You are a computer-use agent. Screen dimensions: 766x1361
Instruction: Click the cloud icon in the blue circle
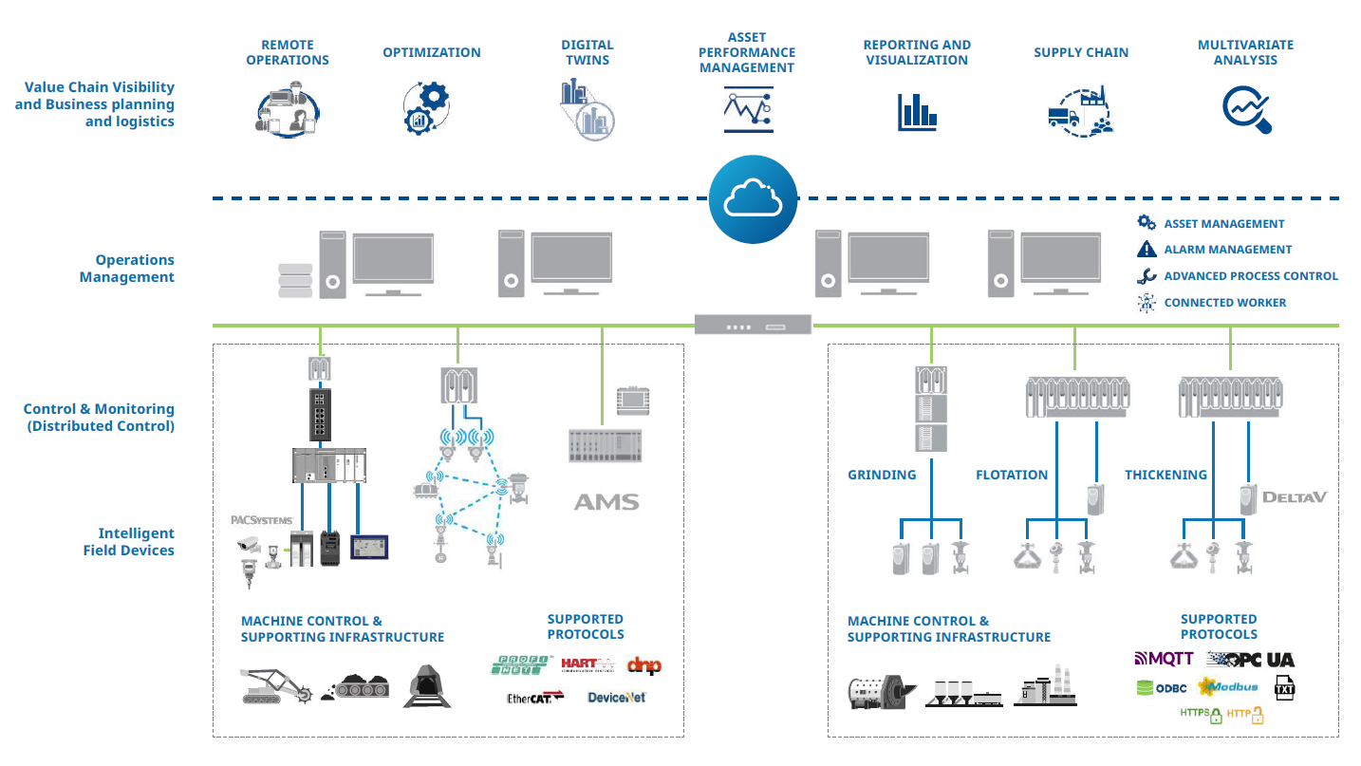(753, 198)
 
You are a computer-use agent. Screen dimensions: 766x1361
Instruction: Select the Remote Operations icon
(288, 112)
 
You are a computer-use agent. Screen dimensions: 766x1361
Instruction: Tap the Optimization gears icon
(426, 107)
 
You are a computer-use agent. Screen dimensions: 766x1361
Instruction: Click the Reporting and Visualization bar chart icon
(917, 111)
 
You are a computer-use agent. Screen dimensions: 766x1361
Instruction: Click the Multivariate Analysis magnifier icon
(1246, 109)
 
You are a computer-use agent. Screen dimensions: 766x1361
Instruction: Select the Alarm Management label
(1227, 250)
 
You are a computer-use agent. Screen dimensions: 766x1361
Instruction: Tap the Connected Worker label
(1224, 303)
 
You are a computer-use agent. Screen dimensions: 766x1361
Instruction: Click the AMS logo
(606, 502)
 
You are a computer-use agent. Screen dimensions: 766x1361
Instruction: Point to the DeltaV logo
(1294, 496)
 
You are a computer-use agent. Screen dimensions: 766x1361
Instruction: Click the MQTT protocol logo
(1165, 659)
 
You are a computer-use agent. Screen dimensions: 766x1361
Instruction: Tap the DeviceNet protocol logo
(616, 698)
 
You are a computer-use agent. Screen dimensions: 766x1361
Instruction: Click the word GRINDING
(882, 475)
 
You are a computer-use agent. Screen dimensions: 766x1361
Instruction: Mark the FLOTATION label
(1012, 475)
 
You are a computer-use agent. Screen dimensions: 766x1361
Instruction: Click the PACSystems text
(262, 520)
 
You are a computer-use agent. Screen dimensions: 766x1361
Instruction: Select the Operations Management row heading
(127, 269)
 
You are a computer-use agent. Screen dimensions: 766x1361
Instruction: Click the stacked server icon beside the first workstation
(294, 280)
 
